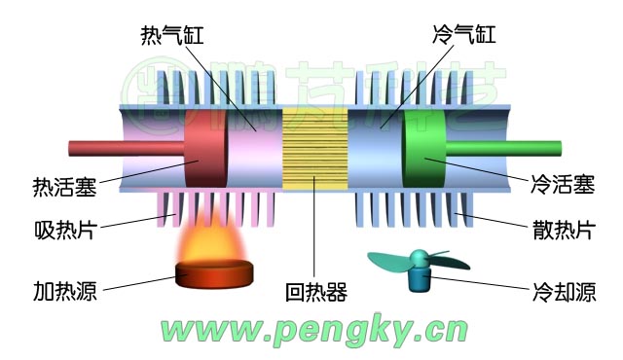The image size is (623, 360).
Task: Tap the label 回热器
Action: pyautogui.click(x=316, y=291)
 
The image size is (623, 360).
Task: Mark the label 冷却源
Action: pyautogui.click(x=564, y=291)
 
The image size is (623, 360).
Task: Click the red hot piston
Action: pyautogui.click(x=204, y=150)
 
